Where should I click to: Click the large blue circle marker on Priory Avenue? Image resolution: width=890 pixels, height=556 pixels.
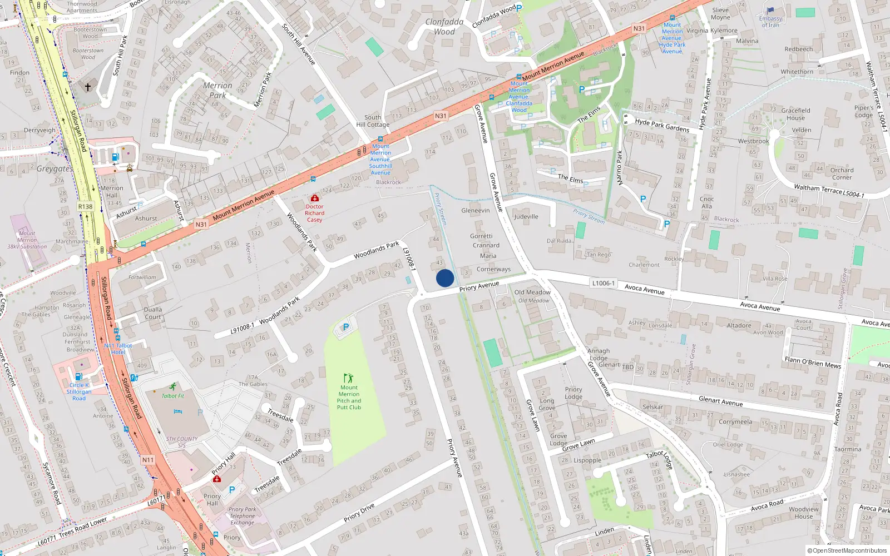[x=445, y=278]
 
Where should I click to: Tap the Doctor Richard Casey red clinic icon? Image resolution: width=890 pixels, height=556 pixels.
[x=315, y=198]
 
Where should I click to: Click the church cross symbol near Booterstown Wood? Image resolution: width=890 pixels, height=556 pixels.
[x=87, y=87]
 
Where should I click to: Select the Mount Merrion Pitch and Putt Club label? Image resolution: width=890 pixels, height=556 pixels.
[x=349, y=398]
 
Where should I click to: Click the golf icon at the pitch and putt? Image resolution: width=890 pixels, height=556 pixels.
[x=349, y=378]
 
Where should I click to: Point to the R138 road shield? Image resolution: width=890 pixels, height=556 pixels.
[x=85, y=206]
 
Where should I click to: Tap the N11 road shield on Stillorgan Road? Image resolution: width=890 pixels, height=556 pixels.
[x=147, y=460]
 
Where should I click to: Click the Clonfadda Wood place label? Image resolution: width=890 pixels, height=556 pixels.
[x=444, y=27]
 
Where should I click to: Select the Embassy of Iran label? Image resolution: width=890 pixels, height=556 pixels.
[x=770, y=22]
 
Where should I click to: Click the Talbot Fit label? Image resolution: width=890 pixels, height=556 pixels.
[x=173, y=396]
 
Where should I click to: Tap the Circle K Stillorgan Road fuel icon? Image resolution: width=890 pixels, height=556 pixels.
[x=78, y=376]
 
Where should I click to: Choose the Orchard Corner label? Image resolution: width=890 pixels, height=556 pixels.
[x=842, y=173]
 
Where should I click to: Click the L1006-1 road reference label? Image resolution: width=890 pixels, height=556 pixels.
[x=603, y=283]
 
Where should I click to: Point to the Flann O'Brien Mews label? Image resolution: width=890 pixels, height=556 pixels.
[x=813, y=362]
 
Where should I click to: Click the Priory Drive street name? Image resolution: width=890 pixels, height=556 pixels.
[x=359, y=513]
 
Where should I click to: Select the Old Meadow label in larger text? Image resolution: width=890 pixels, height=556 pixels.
[x=532, y=292]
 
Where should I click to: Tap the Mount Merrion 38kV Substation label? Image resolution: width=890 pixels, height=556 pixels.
[x=27, y=240]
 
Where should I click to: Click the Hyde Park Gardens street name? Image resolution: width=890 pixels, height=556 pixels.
[x=662, y=125]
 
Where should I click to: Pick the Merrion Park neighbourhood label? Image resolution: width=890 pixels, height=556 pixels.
[x=217, y=90]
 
